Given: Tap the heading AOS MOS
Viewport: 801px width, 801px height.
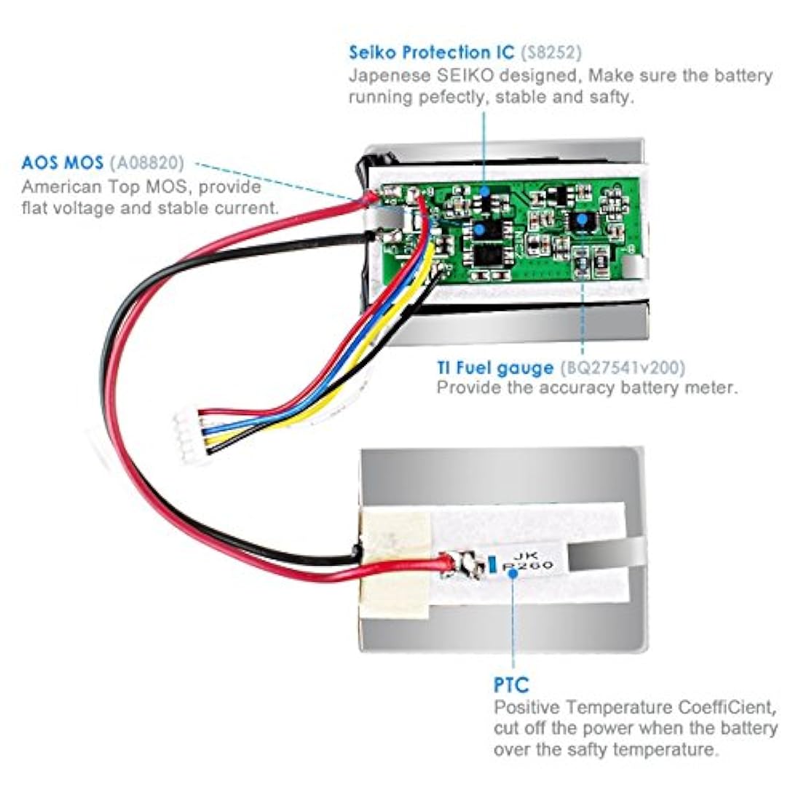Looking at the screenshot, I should point(63,162).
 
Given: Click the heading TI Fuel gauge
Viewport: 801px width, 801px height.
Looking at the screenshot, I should point(495,368).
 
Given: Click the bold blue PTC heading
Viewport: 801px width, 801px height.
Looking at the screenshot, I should point(511,684).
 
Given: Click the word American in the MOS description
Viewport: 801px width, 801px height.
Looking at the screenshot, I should point(58,186).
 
